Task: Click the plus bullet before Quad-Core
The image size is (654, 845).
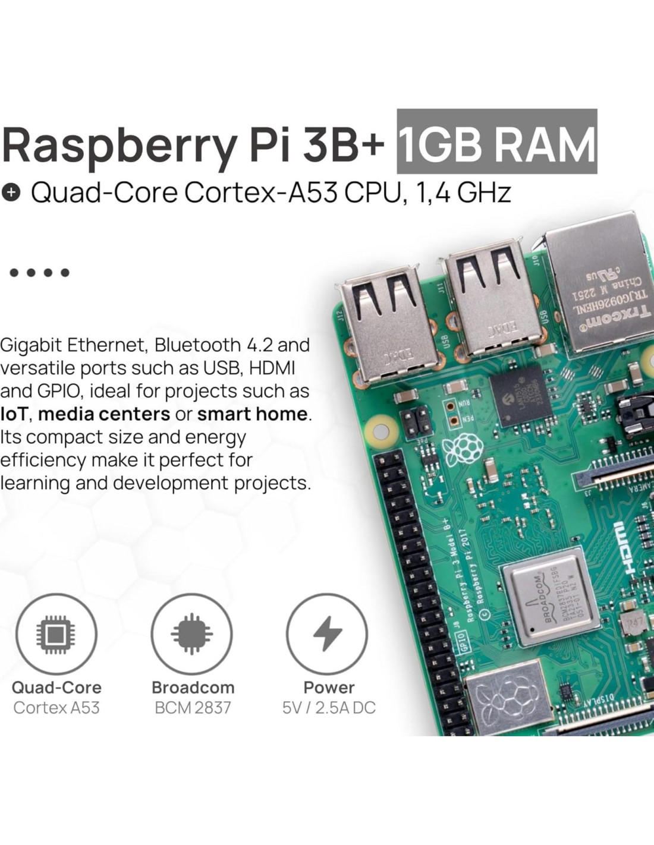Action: [x=11, y=193]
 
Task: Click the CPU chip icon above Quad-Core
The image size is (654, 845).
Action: [x=56, y=633]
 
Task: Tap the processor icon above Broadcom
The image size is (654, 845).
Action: [x=191, y=633]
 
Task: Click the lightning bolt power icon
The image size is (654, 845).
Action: [x=328, y=633]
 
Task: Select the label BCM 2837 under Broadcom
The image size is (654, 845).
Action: [x=193, y=708]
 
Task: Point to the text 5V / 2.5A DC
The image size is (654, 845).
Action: [x=329, y=708]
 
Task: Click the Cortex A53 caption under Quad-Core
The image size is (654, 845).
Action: [x=56, y=708]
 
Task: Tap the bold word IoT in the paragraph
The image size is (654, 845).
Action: [x=13, y=414]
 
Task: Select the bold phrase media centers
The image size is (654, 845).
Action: [x=104, y=414]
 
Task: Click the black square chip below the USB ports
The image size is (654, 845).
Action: [x=516, y=395]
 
